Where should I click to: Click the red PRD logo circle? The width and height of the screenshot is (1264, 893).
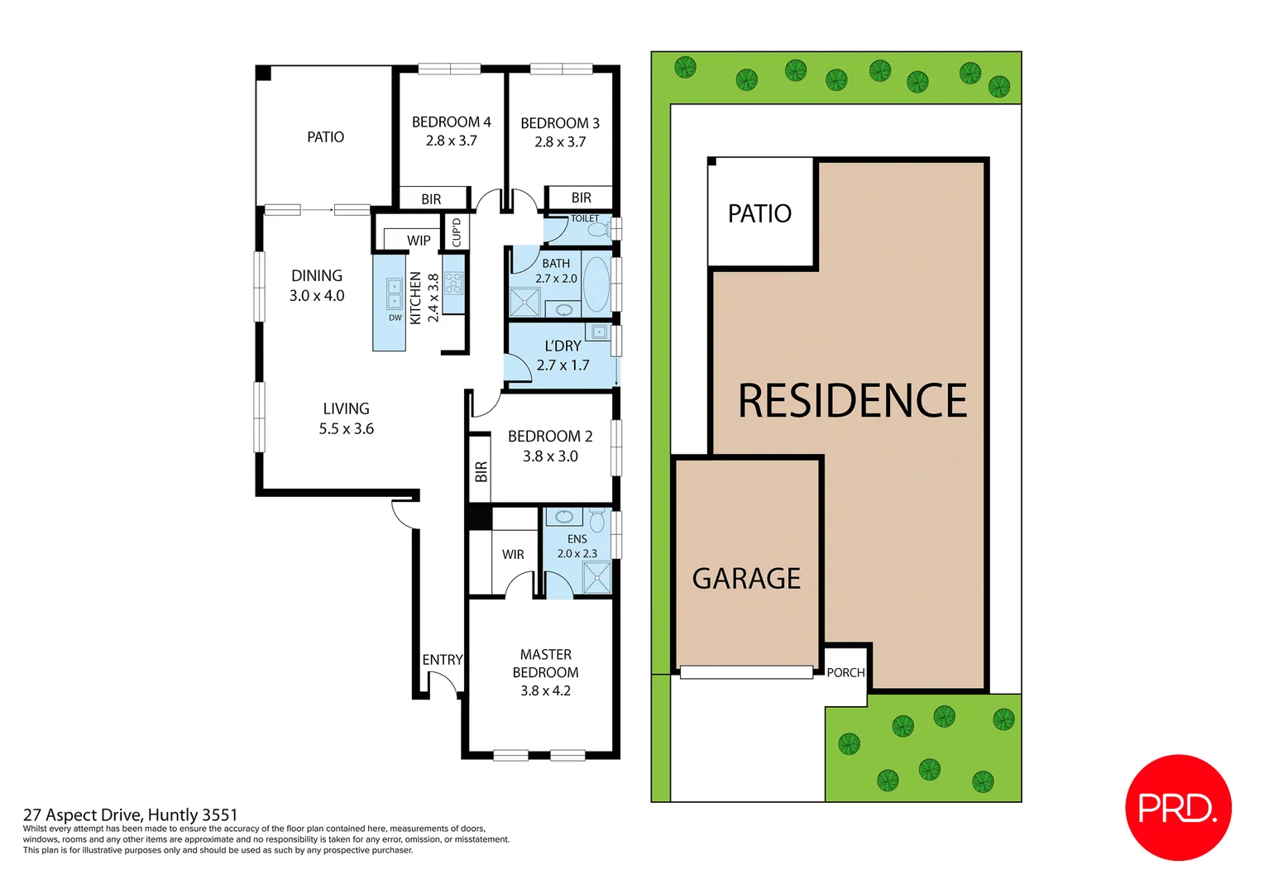pyautogui.click(x=1178, y=807)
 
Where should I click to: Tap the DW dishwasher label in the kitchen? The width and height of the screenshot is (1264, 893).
pyautogui.click(x=395, y=318)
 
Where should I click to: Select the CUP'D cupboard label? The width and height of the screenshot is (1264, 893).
pyautogui.click(x=457, y=232)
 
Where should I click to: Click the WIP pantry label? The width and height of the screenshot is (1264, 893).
pyautogui.click(x=419, y=241)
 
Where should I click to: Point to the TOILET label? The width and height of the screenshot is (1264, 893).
pyautogui.click(x=585, y=218)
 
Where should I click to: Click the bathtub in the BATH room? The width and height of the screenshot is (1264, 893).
pyautogui.click(x=596, y=284)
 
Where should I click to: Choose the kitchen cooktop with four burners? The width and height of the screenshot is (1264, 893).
pyautogui.click(x=453, y=284)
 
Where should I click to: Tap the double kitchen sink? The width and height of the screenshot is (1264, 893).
pyautogui.click(x=395, y=294)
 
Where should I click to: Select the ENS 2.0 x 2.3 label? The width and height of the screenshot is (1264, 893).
pyautogui.click(x=577, y=547)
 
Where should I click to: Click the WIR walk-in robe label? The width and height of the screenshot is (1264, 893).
pyautogui.click(x=513, y=555)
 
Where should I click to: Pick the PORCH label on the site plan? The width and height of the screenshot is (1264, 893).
pyautogui.click(x=845, y=673)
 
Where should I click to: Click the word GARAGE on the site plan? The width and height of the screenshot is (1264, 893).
pyautogui.click(x=746, y=579)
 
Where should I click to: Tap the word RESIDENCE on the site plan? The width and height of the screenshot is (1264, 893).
pyautogui.click(x=852, y=401)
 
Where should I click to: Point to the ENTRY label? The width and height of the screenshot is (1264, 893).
pyautogui.click(x=443, y=660)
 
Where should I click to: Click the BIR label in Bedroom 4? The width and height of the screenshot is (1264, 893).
pyautogui.click(x=431, y=199)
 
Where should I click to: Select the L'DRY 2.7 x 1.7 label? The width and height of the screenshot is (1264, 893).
pyautogui.click(x=563, y=356)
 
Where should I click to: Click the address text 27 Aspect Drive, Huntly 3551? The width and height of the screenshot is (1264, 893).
pyautogui.click(x=131, y=815)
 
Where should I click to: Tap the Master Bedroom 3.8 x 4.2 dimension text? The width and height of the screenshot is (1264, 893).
pyautogui.click(x=545, y=690)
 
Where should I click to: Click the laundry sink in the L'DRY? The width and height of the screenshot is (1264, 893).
pyautogui.click(x=599, y=332)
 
